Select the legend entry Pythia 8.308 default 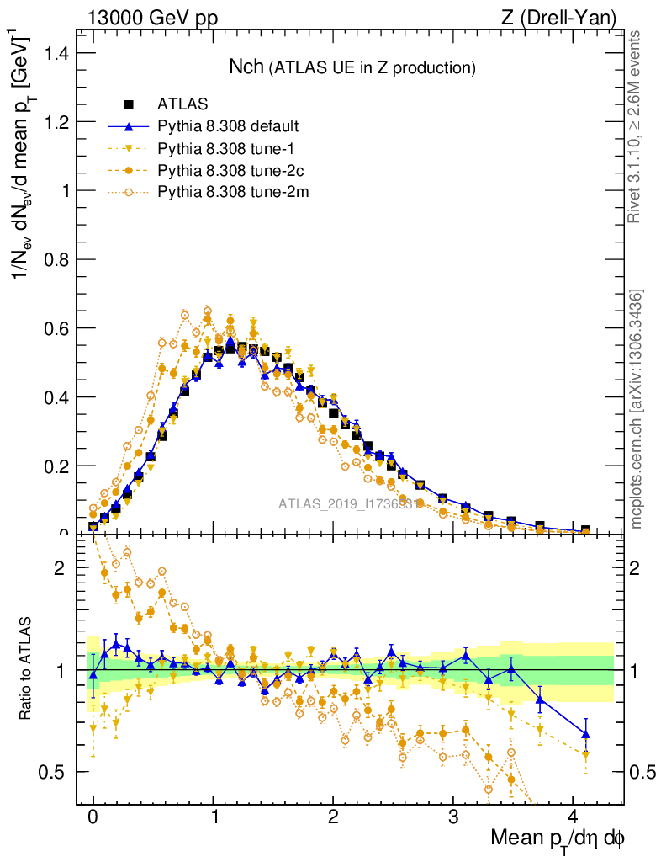(228, 127)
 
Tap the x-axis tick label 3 (453, 817)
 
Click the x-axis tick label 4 (574, 817)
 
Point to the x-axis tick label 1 (213, 817)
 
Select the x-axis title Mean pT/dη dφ (558, 839)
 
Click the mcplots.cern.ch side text (637, 410)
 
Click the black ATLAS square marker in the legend (130, 105)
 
